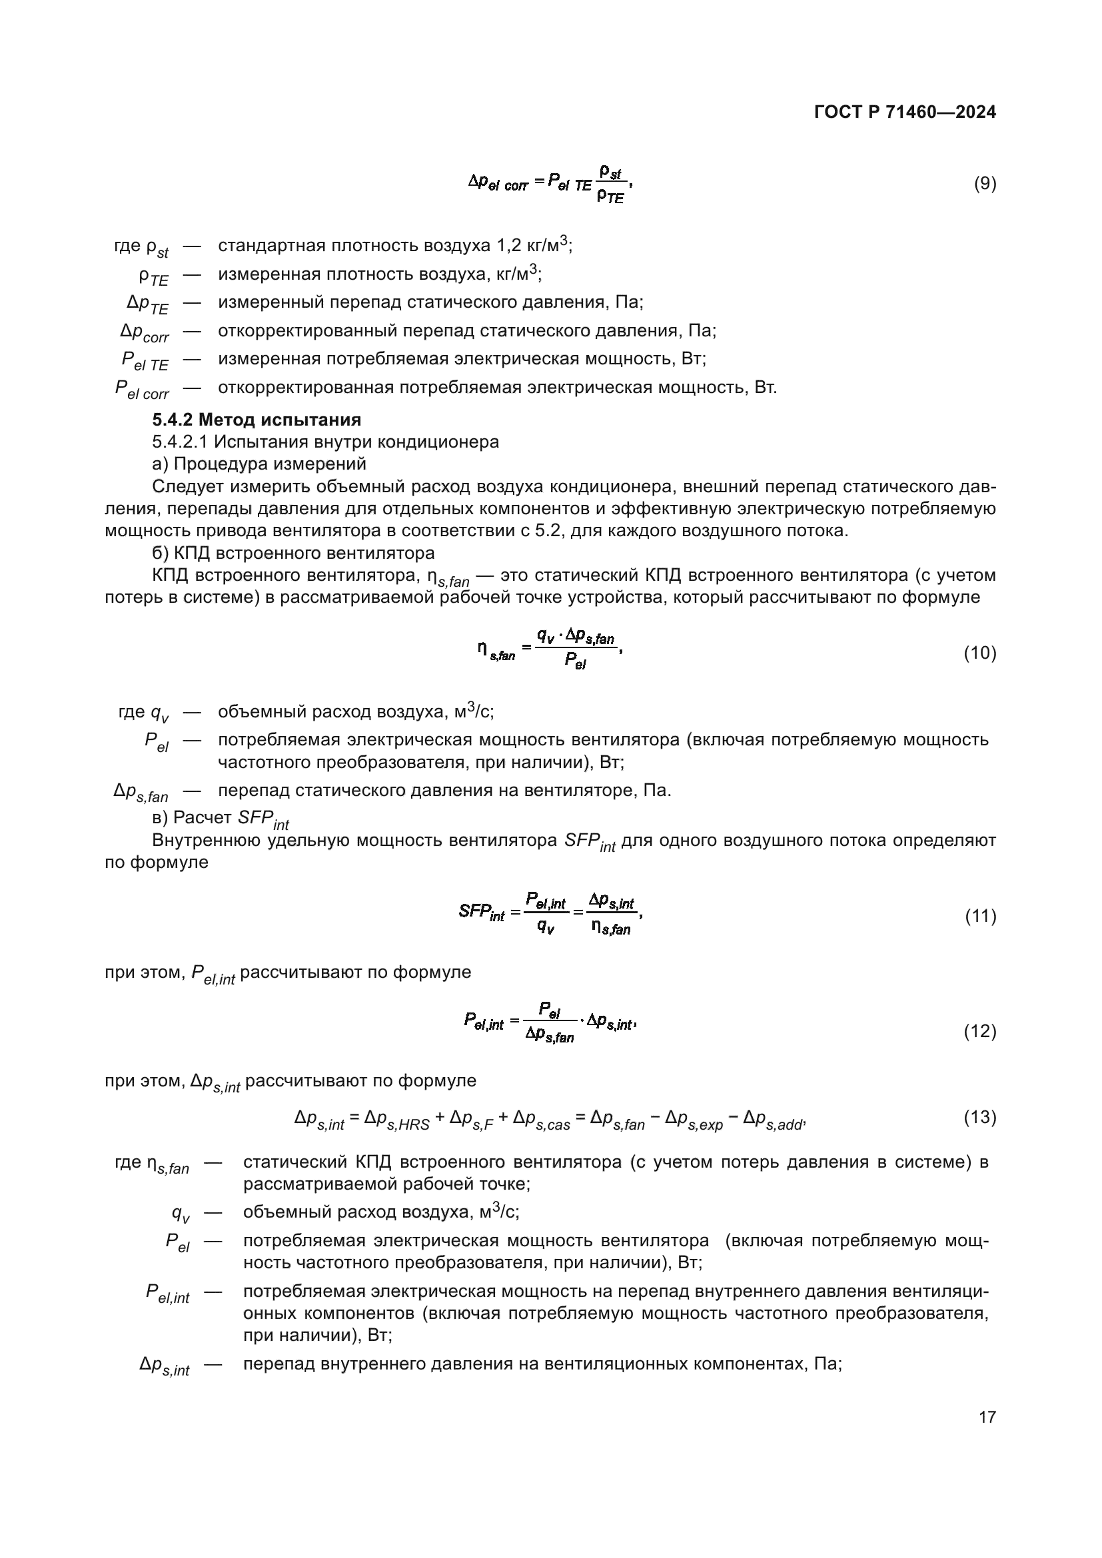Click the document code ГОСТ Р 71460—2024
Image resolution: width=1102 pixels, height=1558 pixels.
[905, 113]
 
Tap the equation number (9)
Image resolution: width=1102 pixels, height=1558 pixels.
[985, 183]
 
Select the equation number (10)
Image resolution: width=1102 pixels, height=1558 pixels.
[980, 653]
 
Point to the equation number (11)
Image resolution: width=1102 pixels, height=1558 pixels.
[980, 916]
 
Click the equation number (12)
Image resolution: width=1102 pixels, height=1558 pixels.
[980, 1031]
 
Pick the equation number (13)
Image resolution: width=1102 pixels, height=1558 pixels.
[980, 1116]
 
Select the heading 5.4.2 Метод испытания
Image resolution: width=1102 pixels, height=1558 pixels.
[257, 420]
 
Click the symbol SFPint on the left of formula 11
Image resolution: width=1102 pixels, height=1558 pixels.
[481, 912]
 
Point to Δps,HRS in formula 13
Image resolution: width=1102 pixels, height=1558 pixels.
[397, 1120]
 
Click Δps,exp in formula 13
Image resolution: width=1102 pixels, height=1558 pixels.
[694, 1120]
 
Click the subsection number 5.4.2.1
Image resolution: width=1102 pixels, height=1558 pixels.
[180, 442]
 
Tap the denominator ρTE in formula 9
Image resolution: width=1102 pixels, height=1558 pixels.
[610, 197]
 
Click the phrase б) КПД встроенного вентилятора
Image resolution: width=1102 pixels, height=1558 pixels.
[293, 552]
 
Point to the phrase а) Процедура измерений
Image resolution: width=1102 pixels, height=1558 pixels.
[259, 464]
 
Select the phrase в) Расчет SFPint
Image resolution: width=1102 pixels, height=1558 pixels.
[221, 819]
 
